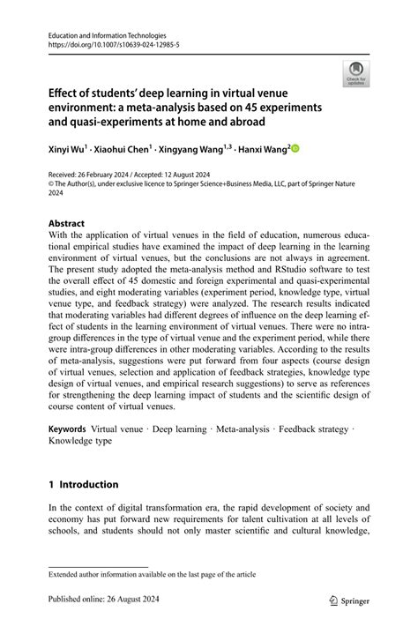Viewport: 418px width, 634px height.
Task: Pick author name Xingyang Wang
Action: [x=199, y=150]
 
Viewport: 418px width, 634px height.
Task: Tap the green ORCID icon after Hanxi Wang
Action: [x=295, y=150]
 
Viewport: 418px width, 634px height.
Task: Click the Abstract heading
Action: [x=67, y=224]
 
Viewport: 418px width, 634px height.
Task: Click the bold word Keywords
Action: [x=68, y=427]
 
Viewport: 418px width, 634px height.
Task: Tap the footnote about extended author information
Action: [x=152, y=574]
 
